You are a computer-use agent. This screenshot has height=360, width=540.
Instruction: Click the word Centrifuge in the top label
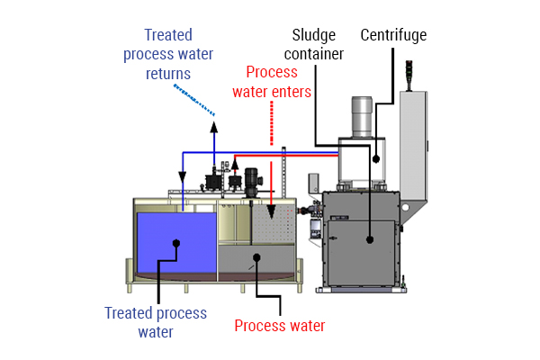[x=393, y=36]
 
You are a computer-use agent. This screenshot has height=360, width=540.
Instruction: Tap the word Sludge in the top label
[x=314, y=36]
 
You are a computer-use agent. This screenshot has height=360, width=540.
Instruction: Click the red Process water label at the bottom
[x=280, y=325]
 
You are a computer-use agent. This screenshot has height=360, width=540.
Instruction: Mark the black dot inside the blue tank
[x=177, y=242]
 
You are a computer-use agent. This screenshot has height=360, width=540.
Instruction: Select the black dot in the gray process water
[x=257, y=257]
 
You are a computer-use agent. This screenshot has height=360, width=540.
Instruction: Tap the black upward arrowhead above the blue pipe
[x=213, y=127]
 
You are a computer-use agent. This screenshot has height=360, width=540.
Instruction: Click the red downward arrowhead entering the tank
[x=271, y=194]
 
